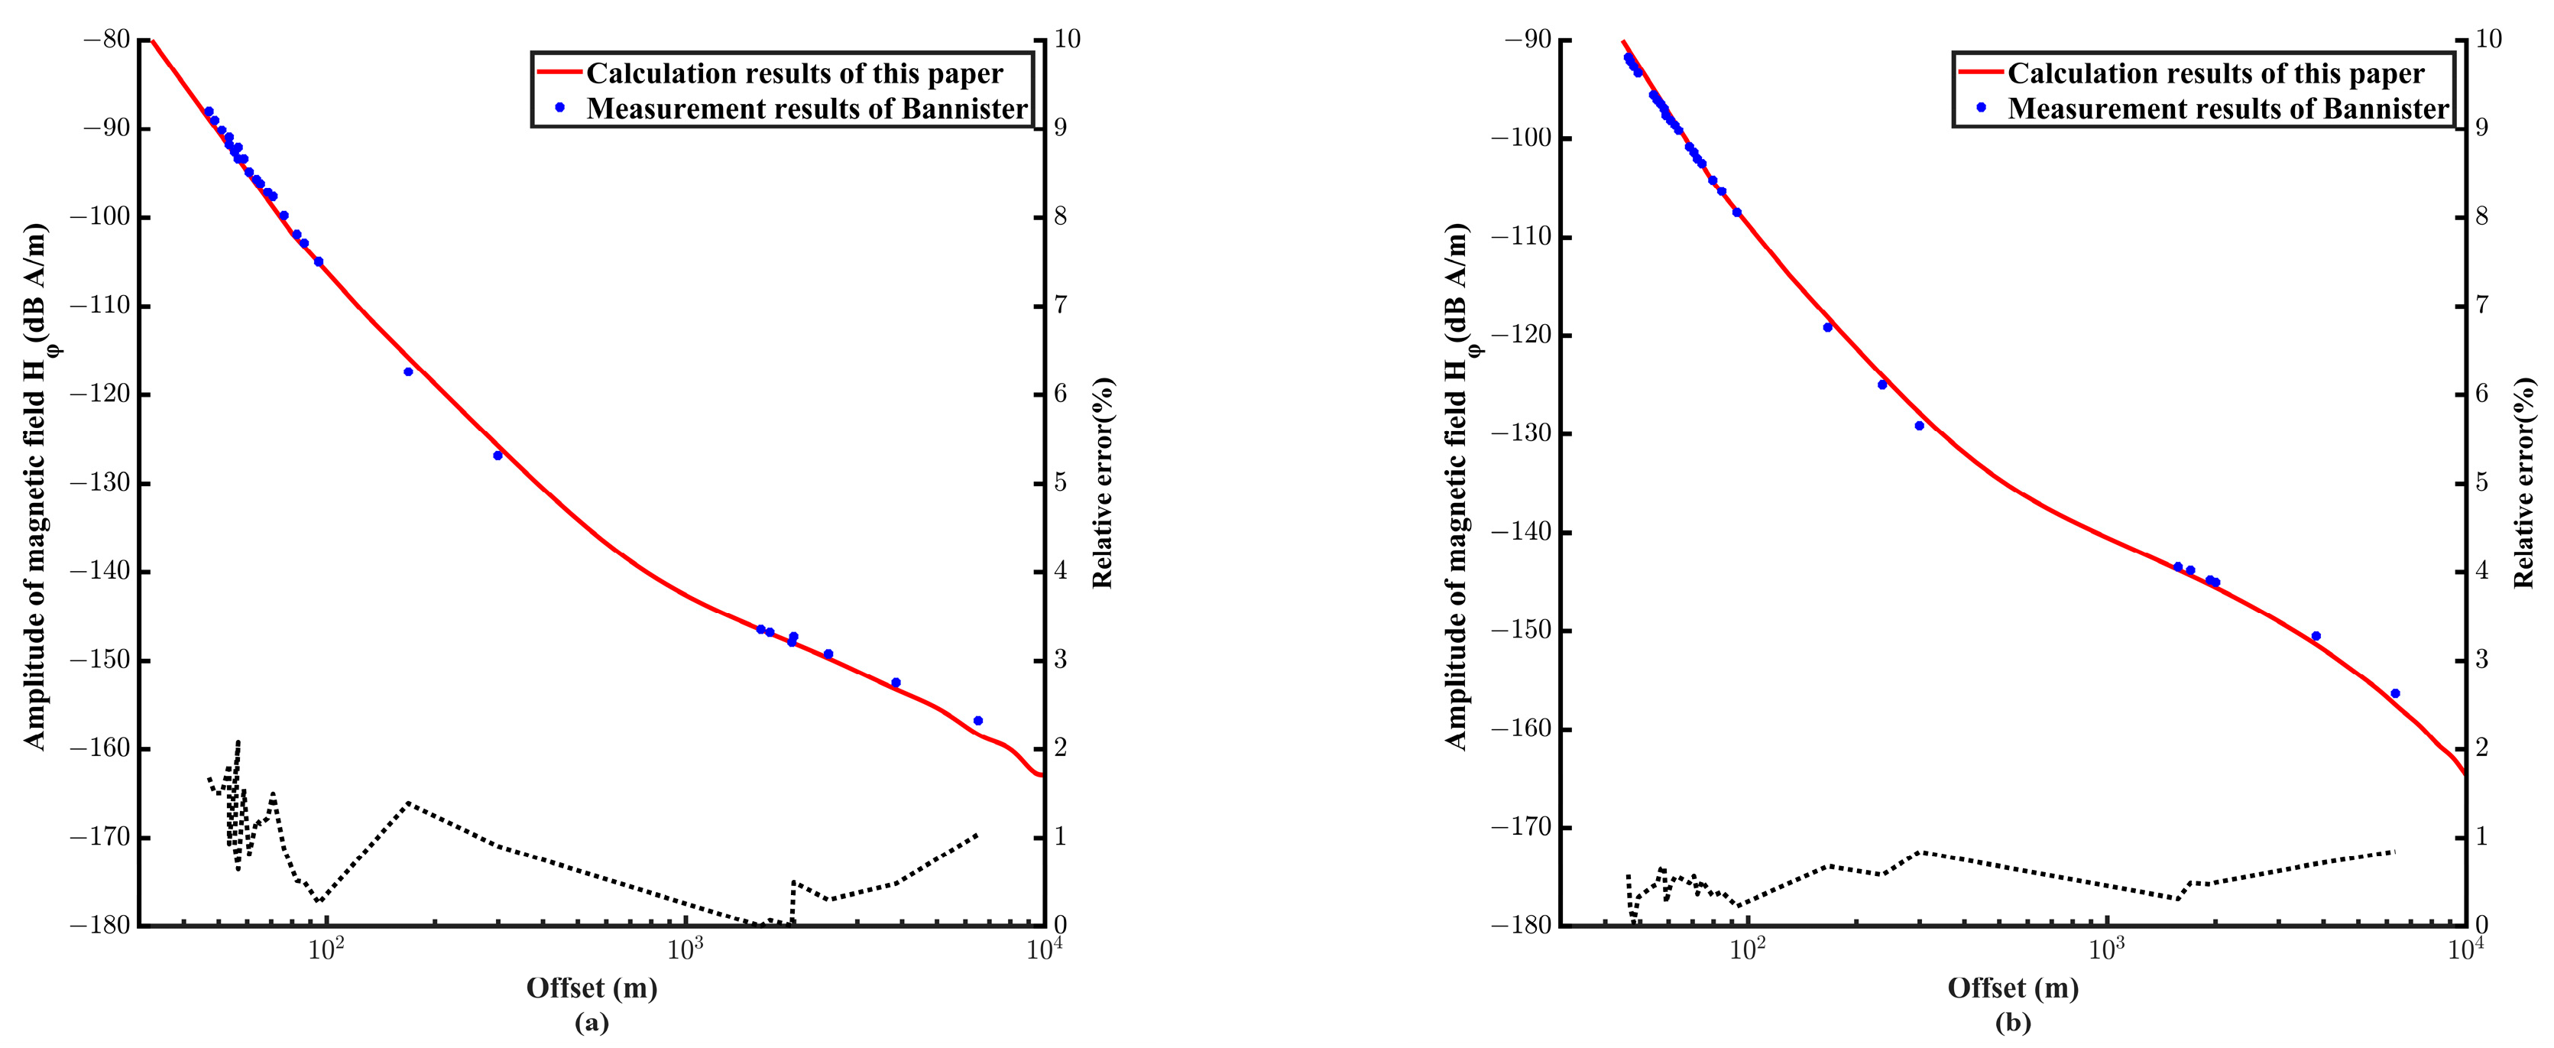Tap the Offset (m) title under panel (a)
click(592, 988)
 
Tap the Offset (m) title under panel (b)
click(2013, 988)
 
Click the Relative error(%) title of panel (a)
click(1103, 483)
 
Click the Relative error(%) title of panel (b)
click(2524, 483)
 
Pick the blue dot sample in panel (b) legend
click(1981, 108)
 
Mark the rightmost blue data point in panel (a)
click(977, 721)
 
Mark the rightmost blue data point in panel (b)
click(2395, 694)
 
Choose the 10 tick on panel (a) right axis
click(1069, 40)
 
